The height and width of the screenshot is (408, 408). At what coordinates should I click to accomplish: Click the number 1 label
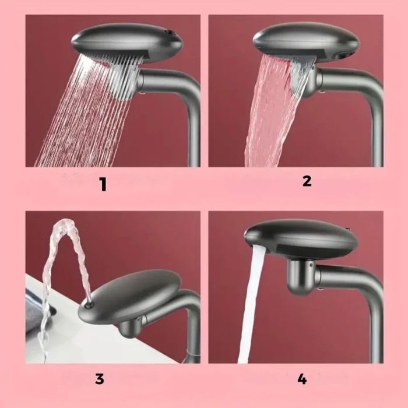coord(103,185)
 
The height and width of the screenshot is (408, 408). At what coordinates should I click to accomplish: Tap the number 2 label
coord(307,181)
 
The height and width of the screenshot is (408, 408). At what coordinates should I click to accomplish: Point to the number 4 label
coord(301,379)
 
